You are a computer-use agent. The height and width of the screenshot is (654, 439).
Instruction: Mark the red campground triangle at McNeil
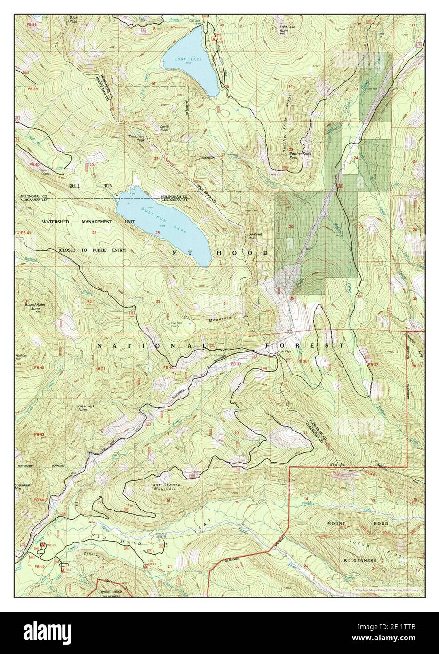pos(43,545)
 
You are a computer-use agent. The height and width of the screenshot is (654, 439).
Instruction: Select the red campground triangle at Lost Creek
pos(147,567)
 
